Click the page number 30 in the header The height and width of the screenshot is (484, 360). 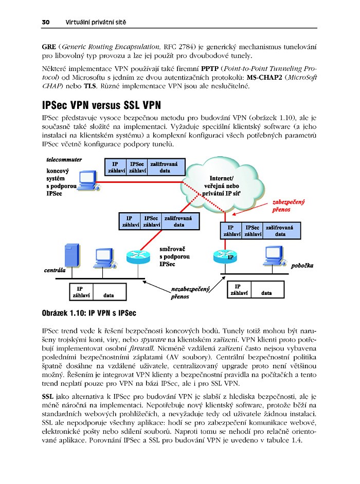(x=45, y=23)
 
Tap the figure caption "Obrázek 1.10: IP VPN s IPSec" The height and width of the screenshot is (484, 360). (x=88, y=312)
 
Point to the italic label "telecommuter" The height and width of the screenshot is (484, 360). (x=64, y=159)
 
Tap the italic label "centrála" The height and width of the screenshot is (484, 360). (x=55, y=269)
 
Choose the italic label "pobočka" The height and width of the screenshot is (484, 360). (x=302, y=266)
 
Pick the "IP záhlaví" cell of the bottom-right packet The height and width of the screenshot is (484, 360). (x=239, y=290)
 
